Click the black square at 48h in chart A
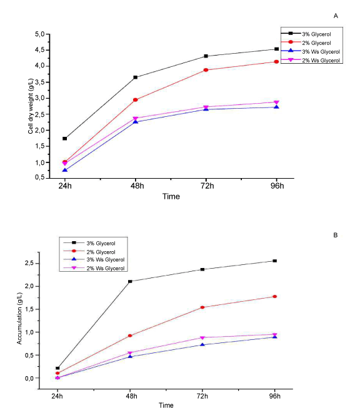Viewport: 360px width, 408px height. (x=136, y=77)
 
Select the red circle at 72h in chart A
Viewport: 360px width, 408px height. (x=206, y=70)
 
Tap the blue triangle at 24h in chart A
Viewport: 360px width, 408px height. (x=65, y=170)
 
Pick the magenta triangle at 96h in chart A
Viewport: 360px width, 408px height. (x=276, y=102)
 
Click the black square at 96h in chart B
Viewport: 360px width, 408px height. (x=274, y=261)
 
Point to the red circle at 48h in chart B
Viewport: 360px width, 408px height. (x=130, y=336)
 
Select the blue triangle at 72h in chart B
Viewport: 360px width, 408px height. (x=202, y=345)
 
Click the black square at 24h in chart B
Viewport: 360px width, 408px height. (x=57, y=368)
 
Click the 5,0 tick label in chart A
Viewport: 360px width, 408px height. (x=40, y=34)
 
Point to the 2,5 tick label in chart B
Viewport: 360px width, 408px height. (x=29, y=263)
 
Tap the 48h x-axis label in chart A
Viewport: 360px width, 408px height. (x=137, y=186)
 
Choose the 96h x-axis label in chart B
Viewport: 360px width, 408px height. (x=275, y=396)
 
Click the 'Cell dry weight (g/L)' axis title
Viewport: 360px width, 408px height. (x=31, y=106)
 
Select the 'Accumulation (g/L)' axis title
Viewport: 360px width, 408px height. (x=19, y=319)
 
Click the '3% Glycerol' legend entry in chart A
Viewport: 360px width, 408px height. (x=316, y=34)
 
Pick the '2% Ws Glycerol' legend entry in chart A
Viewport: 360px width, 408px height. (x=321, y=61)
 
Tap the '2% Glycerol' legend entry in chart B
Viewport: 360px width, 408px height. (x=101, y=252)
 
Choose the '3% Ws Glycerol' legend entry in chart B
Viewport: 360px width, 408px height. (x=106, y=260)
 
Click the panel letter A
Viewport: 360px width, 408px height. (x=336, y=16)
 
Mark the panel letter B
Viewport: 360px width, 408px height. (x=335, y=235)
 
